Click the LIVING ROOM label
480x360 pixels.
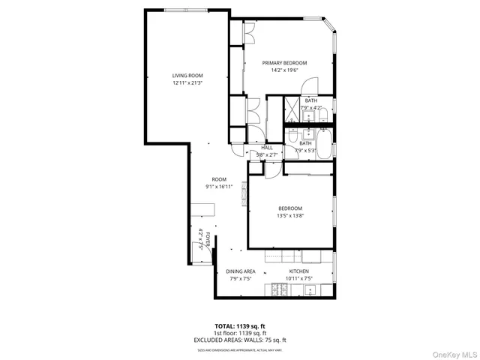click(x=187, y=76)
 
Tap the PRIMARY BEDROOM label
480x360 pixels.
click(x=289, y=63)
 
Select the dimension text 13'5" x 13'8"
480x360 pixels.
click(x=290, y=216)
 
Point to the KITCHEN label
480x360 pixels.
click(x=299, y=271)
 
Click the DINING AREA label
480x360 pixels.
click(x=241, y=271)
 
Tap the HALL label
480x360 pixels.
click(x=267, y=147)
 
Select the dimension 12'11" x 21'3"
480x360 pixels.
click(x=187, y=82)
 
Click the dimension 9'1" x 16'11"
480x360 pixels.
click(x=219, y=186)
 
